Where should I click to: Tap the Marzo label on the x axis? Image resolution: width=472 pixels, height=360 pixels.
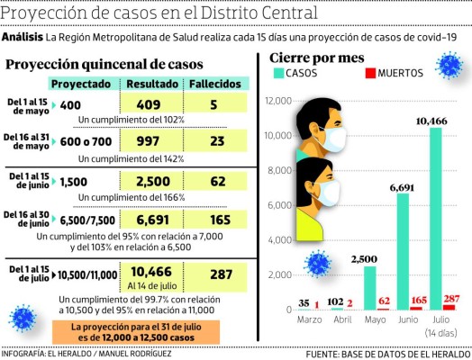pos(310,319)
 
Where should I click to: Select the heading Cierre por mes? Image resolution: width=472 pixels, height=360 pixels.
pos(316,56)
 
